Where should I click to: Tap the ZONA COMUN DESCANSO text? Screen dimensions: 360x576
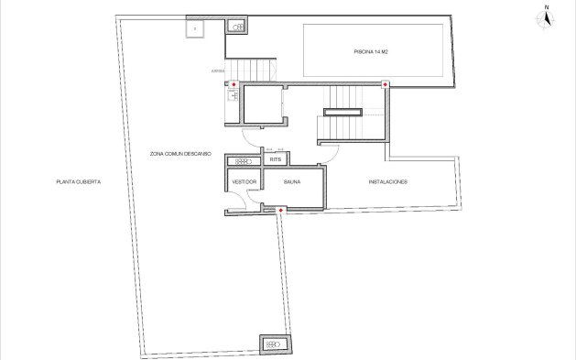[x=181, y=153]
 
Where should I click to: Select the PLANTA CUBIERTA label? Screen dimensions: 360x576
[x=78, y=182]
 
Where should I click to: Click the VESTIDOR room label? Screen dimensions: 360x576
[x=244, y=182]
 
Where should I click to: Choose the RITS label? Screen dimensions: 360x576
[x=275, y=159]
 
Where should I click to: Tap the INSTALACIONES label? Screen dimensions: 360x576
[x=387, y=182]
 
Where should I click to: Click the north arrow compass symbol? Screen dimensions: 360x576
[x=546, y=17]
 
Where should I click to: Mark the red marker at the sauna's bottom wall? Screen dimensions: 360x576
[x=280, y=211]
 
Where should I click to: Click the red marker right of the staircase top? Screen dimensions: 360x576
[x=386, y=84]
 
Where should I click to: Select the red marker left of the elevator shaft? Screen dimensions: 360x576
[x=234, y=85]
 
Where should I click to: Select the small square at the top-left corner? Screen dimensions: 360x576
[x=195, y=27]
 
